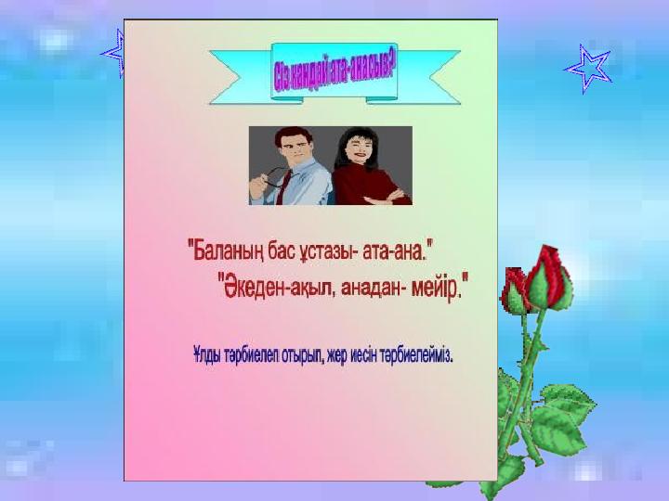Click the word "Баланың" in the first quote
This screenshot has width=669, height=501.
click(x=228, y=251)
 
